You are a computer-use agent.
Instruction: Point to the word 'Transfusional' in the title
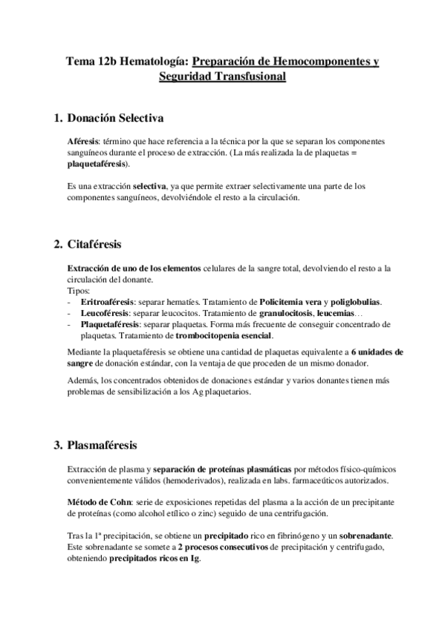pos(250,76)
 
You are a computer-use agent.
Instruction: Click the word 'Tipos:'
pos(78,292)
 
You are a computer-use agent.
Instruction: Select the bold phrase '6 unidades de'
pos(379,352)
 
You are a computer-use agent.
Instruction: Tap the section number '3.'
pos(57,446)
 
